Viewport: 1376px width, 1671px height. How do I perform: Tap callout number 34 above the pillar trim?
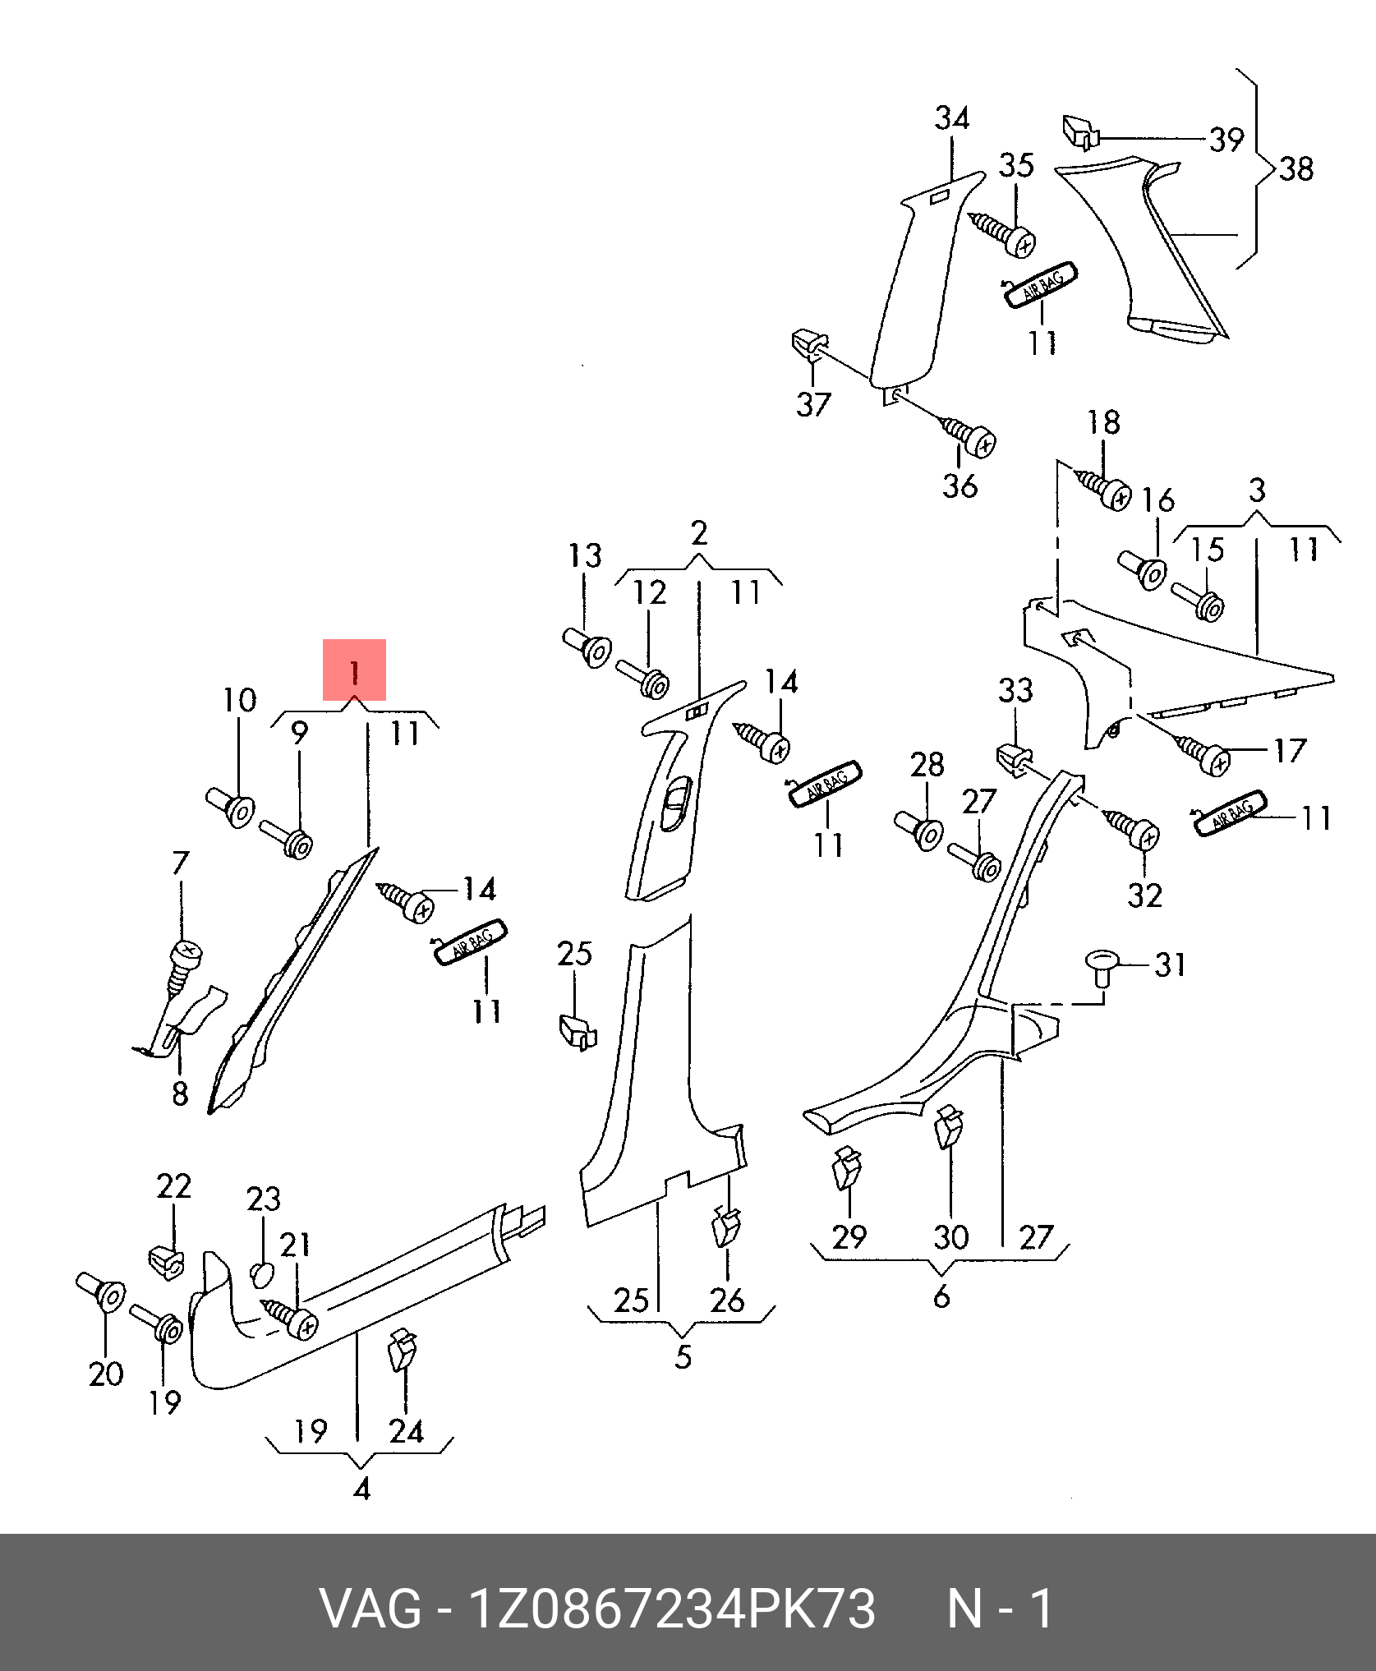coord(951,119)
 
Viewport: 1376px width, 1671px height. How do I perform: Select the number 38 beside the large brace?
coord(1295,169)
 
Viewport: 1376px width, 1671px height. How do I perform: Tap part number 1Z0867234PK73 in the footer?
coord(671,1609)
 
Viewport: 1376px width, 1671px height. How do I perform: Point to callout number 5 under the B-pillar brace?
coord(683,1357)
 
